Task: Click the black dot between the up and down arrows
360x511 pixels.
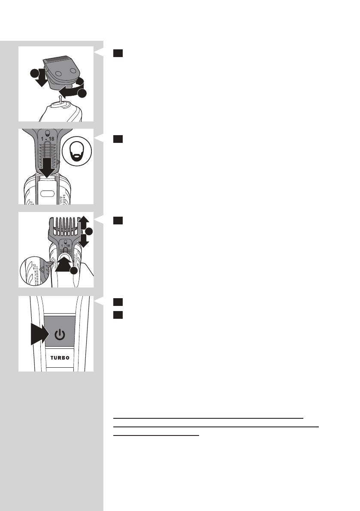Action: tap(89, 232)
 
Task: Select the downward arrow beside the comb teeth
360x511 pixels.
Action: tap(85, 242)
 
